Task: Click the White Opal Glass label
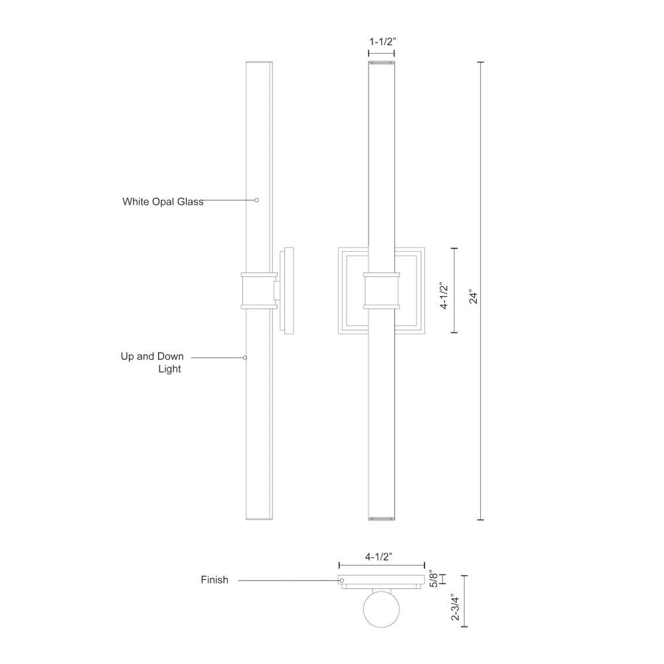pyautogui.click(x=163, y=202)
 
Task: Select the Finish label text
pyautogui.click(x=214, y=580)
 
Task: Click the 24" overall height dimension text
pyautogui.click(x=473, y=296)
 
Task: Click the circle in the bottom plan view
pyautogui.click(x=381, y=608)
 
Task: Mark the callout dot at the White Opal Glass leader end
pyautogui.click(x=257, y=200)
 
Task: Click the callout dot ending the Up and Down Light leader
pyautogui.click(x=245, y=357)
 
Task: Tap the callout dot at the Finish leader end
pyautogui.click(x=342, y=580)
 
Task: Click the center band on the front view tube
pyautogui.click(x=381, y=290)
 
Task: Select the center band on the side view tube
pyautogui.click(x=259, y=290)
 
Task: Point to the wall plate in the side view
pyautogui.click(x=288, y=290)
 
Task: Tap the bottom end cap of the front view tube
pyautogui.click(x=381, y=517)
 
